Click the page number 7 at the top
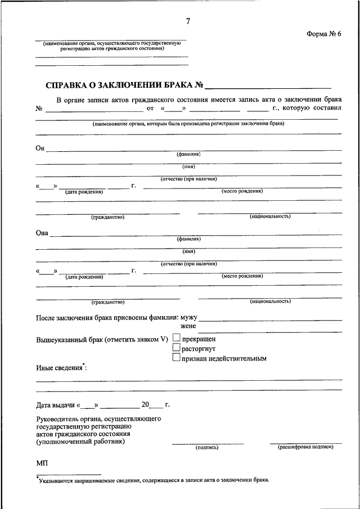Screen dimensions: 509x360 (188, 21)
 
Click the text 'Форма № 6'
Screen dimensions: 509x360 (325, 34)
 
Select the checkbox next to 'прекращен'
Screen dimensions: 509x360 (177, 338)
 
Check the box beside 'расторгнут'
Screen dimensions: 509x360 (177, 348)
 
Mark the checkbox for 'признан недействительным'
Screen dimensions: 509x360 (177, 357)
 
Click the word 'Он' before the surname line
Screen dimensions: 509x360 (39, 148)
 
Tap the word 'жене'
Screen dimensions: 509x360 (188, 326)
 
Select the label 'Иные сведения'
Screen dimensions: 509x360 (58, 369)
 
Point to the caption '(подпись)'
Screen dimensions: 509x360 (206, 448)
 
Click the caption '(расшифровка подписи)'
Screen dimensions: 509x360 (305, 447)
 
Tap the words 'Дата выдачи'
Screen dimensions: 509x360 (55, 405)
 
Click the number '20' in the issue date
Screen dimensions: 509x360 (146, 405)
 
